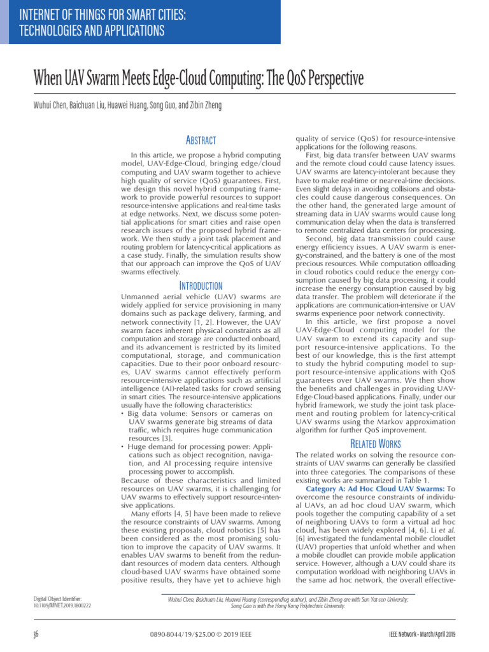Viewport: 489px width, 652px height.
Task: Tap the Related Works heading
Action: click(x=376, y=443)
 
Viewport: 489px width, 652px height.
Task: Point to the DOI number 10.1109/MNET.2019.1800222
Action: click(x=62, y=606)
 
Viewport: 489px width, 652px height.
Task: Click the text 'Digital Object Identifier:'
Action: click(x=57, y=599)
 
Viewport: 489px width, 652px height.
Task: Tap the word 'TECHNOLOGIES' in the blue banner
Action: click(x=50, y=30)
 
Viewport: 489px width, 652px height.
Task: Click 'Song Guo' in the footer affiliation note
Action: click(x=244, y=606)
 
